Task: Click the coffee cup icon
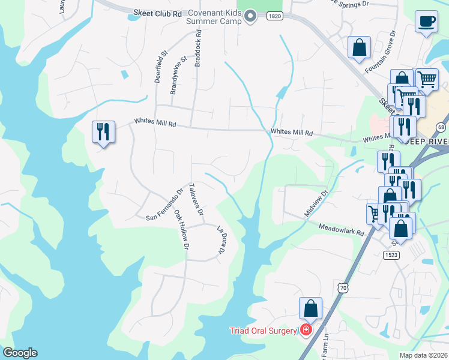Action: pyautogui.click(x=427, y=22)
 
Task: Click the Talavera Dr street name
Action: pyautogui.click(x=196, y=200)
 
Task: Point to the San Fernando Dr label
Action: pyautogui.click(x=164, y=205)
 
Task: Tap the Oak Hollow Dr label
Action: pyautogui.click(x=182, y=230)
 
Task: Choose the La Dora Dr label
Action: pyautogui.click(x=221, y=239)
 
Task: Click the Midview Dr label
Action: pyautogui.click(x=316, y=203)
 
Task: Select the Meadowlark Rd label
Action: pyautogui.click(x=341, y=229)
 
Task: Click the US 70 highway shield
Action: pyautogui.click(x=342, y=289)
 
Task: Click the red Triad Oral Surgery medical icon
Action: pyautogui.click(x=306, y=331)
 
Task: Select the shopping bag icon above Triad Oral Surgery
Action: pyautogui.click(x=310, y=308)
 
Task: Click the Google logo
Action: pyautogui.click(x=20, y=353)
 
